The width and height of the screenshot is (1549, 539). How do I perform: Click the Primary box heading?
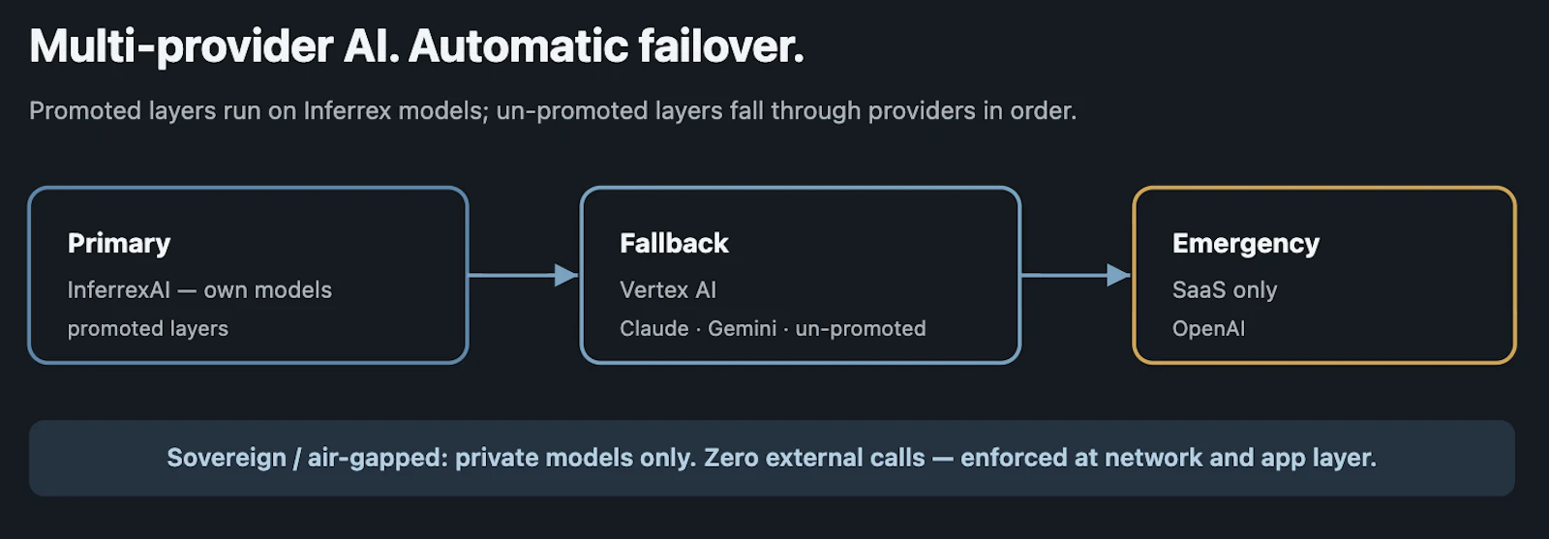click(119, 244)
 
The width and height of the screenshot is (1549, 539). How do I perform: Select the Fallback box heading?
click(674, 243)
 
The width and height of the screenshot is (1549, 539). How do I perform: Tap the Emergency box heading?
click(1246, 244)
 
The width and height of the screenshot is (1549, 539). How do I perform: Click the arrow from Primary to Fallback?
click(524, 275)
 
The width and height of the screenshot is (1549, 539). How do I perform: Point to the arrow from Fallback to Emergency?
click(1076, 275)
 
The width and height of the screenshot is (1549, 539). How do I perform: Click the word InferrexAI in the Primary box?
click(119, 289)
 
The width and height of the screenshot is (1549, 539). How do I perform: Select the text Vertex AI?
click(668, 289)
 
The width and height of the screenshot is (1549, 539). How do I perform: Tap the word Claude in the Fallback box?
click(654, 328)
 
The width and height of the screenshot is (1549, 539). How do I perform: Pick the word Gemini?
click(742, 328)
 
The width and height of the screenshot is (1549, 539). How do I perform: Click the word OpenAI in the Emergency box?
click(1209, 328)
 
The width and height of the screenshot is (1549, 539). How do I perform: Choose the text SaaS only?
click(1225, 290)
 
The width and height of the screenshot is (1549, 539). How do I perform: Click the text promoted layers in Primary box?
click(148, 329)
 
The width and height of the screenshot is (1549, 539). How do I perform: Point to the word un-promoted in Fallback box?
click(861, 329)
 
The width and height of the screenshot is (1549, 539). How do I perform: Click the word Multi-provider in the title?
click(182, 47)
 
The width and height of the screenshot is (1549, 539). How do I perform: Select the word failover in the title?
click(720, 46)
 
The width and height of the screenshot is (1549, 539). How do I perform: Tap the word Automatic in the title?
click(517, 46)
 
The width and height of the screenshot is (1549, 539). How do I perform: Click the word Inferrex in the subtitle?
click(348, 110)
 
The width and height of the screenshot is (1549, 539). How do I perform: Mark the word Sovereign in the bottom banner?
click(227, 458)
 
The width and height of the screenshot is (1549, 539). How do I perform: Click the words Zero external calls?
click(814, 458)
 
